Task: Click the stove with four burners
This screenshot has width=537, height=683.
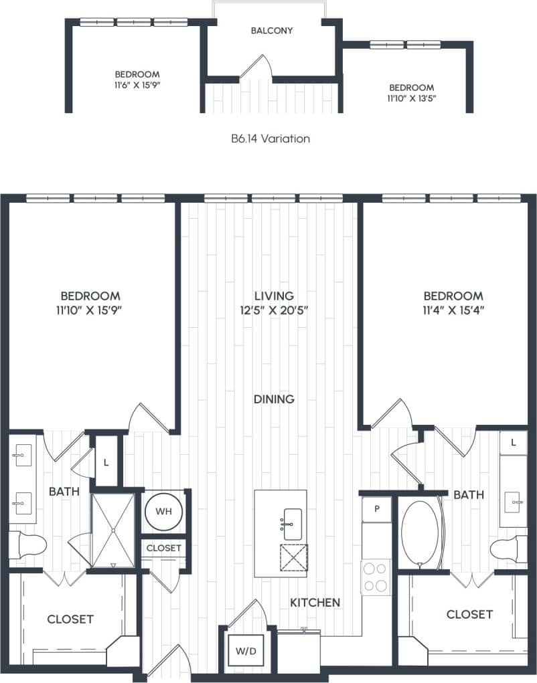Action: pos(376,577)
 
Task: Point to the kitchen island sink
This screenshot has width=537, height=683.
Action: pos(292,523)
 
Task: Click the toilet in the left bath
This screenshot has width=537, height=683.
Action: pos(28,545)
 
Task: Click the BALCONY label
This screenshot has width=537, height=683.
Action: pos(271,31)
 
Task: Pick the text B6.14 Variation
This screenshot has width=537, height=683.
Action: pos(270,139)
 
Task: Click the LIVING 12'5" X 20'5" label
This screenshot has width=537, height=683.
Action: pos(274,302)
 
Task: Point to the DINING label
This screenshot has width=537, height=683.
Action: pos(274,399)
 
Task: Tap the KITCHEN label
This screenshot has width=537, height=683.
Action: pos(315,603)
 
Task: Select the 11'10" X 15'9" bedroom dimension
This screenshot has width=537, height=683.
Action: pos(90,310)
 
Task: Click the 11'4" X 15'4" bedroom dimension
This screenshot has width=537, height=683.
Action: pos(453,310)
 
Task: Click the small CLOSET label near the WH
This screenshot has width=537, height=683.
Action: pos(164,548)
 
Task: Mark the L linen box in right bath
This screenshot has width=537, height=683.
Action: pos(513,443)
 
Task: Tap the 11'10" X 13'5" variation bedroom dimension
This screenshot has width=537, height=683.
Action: pos(411,99)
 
